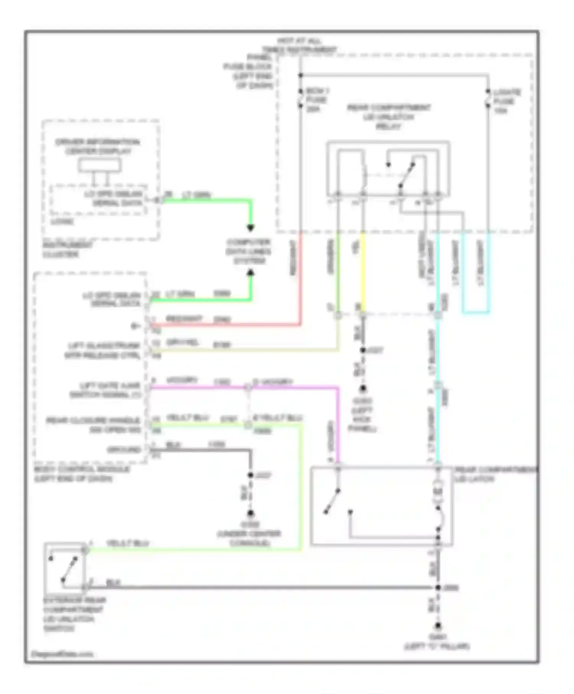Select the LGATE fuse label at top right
[x=506, y=101]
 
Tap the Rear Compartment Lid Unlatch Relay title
[x=388, y=117]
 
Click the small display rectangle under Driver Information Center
[x=99, y=165]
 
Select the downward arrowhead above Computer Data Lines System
[x=250, y=228]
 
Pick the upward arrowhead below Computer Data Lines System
[x=250, y=273]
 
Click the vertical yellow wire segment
[x=363, y=272]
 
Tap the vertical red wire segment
[x=301, y=279]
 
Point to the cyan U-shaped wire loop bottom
[x=476, y=313]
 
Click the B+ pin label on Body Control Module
[x=135, y=326]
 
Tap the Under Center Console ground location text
[x=249, y=534]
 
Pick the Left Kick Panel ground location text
[x=362, y=415]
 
